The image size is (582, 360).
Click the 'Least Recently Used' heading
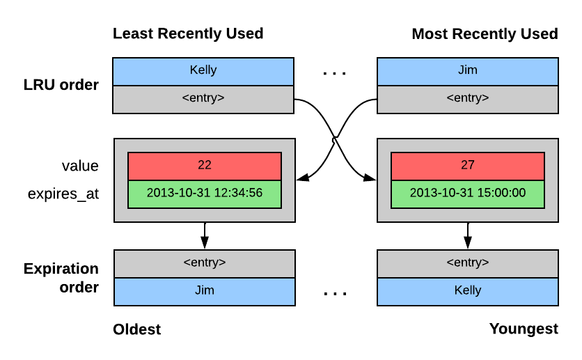click(188, 33)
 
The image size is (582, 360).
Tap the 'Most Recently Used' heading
click(485, 34)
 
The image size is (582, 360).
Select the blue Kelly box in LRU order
click(203, 72)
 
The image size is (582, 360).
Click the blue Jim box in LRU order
click(468, 72)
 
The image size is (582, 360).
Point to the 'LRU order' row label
click(61, 85)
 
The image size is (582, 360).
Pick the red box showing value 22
click(205, 166)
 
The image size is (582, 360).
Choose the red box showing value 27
click(468, 166)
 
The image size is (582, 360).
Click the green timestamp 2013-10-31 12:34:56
click(205, 194)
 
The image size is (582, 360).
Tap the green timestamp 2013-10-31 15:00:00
click(468, 194)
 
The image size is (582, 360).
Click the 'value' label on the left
click(80, 166)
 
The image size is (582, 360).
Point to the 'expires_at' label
click(63, 194)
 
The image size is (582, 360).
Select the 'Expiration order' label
click(61, 278)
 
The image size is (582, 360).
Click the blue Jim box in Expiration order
click(205, 292)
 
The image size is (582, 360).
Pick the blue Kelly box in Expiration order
click(468, 292)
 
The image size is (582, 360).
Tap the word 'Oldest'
click(137, 329)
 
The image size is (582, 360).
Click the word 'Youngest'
click(524, 329)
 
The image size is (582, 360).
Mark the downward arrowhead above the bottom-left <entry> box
click(205, 242)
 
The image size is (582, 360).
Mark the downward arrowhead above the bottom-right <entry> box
click(468, 242)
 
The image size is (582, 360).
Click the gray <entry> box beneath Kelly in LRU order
click(203, 100)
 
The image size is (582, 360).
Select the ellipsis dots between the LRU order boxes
click(334, 73)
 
